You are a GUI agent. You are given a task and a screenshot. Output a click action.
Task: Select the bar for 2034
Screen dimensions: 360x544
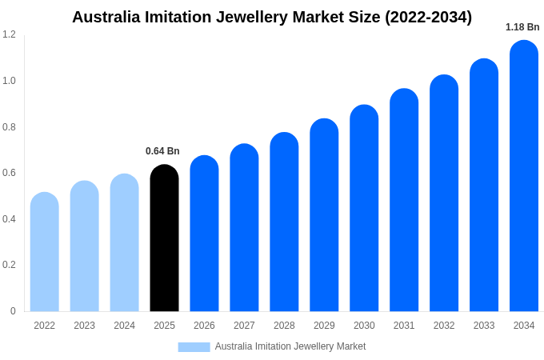pos(524,176)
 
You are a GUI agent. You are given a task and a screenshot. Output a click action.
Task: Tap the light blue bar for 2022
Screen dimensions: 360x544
pos(45,252)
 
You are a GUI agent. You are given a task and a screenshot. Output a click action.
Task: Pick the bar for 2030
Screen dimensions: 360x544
pos(364,208)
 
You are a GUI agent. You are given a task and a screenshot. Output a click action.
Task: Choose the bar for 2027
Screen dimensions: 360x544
pos(244,228)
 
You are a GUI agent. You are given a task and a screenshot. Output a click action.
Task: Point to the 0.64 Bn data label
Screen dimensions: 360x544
pos(162,151)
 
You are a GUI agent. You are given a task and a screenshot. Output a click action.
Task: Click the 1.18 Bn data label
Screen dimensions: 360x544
pos(522,27)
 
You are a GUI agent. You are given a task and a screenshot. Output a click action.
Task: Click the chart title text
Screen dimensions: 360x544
pos(272,17)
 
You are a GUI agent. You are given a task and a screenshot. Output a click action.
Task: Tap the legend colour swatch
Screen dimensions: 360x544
pos(194,347)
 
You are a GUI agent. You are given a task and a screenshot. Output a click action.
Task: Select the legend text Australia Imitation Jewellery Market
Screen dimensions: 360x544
pos(290,346)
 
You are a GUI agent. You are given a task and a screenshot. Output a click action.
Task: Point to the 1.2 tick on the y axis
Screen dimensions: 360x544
pos(9,34)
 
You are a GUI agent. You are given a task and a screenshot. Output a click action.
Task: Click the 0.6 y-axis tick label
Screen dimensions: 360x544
pos(9,173)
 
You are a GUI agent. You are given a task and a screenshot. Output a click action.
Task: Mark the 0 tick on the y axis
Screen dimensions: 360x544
pos(13,311)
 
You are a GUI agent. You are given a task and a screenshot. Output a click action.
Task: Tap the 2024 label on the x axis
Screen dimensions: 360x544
pos(124,326)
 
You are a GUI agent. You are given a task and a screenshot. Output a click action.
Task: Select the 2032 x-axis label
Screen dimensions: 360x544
pos(444,326)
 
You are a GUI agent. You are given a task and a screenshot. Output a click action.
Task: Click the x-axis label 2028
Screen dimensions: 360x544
pos(284,326)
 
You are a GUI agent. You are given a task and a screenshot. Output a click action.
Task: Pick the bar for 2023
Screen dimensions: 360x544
pos(85,246)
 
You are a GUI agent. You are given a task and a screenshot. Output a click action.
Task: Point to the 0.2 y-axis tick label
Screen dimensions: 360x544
pos(9,265)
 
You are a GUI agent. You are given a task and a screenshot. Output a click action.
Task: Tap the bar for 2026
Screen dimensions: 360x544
pos(204,234)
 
